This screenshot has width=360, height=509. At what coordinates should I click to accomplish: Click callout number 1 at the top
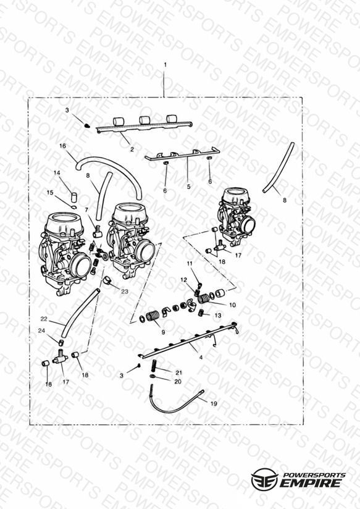[x=165, y=65]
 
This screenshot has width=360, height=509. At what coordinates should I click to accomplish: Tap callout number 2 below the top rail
[x=132, y=149]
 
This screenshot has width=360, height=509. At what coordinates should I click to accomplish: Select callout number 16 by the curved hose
[x=62, y=146]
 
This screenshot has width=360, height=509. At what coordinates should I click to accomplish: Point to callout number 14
[x=57, y=173]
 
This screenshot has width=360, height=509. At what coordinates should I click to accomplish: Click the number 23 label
[x=125, y=292]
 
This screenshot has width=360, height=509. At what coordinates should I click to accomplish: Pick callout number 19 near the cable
[x=214, y=403]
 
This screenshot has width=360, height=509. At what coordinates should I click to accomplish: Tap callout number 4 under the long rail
[x=201, y=358]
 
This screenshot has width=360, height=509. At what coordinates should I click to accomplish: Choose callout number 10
[x=232, y=305]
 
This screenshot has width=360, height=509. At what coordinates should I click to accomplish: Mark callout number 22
[x=44, y=319]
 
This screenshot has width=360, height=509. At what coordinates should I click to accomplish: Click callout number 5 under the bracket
[x=188, y=187]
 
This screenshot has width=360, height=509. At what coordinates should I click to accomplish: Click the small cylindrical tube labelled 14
[x=75, y=198]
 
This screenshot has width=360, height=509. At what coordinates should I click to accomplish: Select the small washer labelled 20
[x=153, y=376]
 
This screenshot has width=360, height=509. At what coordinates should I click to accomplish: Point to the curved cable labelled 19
[x=175, y=403]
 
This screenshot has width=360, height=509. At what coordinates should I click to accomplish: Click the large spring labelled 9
[x=153, y=316]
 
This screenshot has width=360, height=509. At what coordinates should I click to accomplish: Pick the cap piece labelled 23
[x=107, y=280]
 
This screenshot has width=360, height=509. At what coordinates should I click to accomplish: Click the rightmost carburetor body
[x=237, y=216]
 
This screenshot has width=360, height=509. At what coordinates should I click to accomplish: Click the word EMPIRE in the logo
[x=312, y=483]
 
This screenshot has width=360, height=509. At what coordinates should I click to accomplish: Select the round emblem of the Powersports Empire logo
[x=264, y=479]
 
